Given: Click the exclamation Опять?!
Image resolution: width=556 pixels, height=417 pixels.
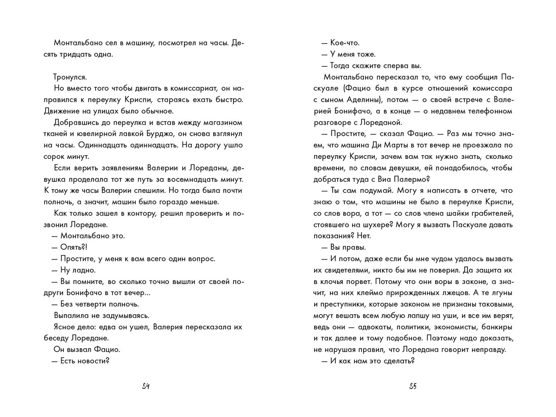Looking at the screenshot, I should coord(74,247).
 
